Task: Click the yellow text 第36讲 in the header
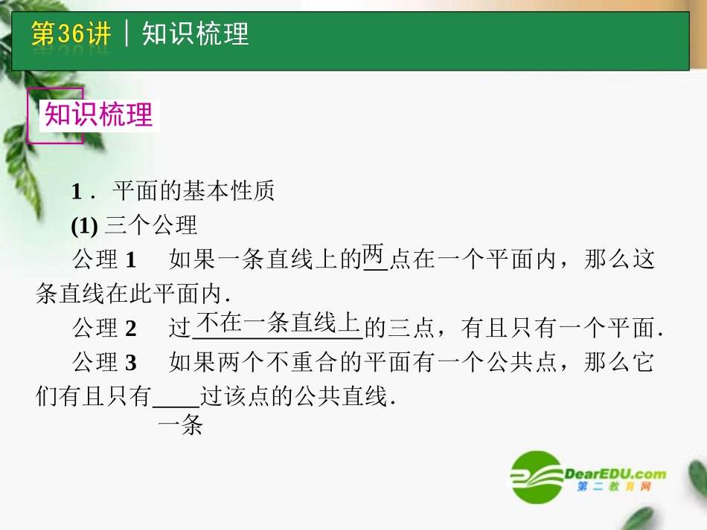pyautogui.click(x=71, y=34)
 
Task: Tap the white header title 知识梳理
pyautogui.click(x=195, y=34)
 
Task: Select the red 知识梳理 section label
pyautogui.click(x=98, y=115)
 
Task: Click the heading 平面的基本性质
pyautogui.click(x=193, y=192)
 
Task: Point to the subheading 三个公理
pyautogui.click(x=151, y=224)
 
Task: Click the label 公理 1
pyautogui.click(x=104, y=259)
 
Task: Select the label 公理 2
pyautogui.click(x=104, y=327)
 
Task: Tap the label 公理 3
pyautogui.click(x=104, y=363)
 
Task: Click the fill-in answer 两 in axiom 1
pyautogui.click(x=375, y=257)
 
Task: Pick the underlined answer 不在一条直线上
pyautogui.click(x=278, y=323)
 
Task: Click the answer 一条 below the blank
pyautogui.click(x=181, y=427)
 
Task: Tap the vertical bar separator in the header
pyautogui.click(x=127, y=34)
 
